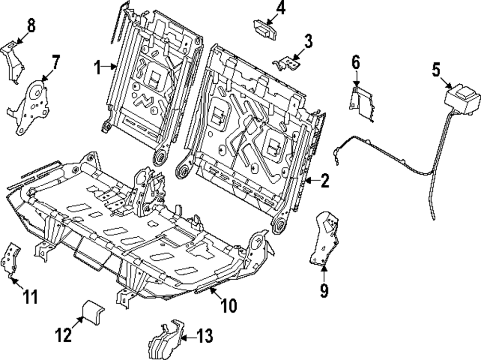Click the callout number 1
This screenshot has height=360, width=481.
(97, 68)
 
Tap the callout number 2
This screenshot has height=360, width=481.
(325, 181)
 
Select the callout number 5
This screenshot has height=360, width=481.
(435, 70)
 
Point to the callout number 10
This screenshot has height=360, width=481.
(229, 305)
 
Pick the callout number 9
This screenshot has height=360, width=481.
(324, 290)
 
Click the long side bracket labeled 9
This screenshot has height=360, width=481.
(323, 239)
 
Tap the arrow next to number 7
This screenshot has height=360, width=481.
(47, 75)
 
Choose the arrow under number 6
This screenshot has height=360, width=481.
(356, 79)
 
